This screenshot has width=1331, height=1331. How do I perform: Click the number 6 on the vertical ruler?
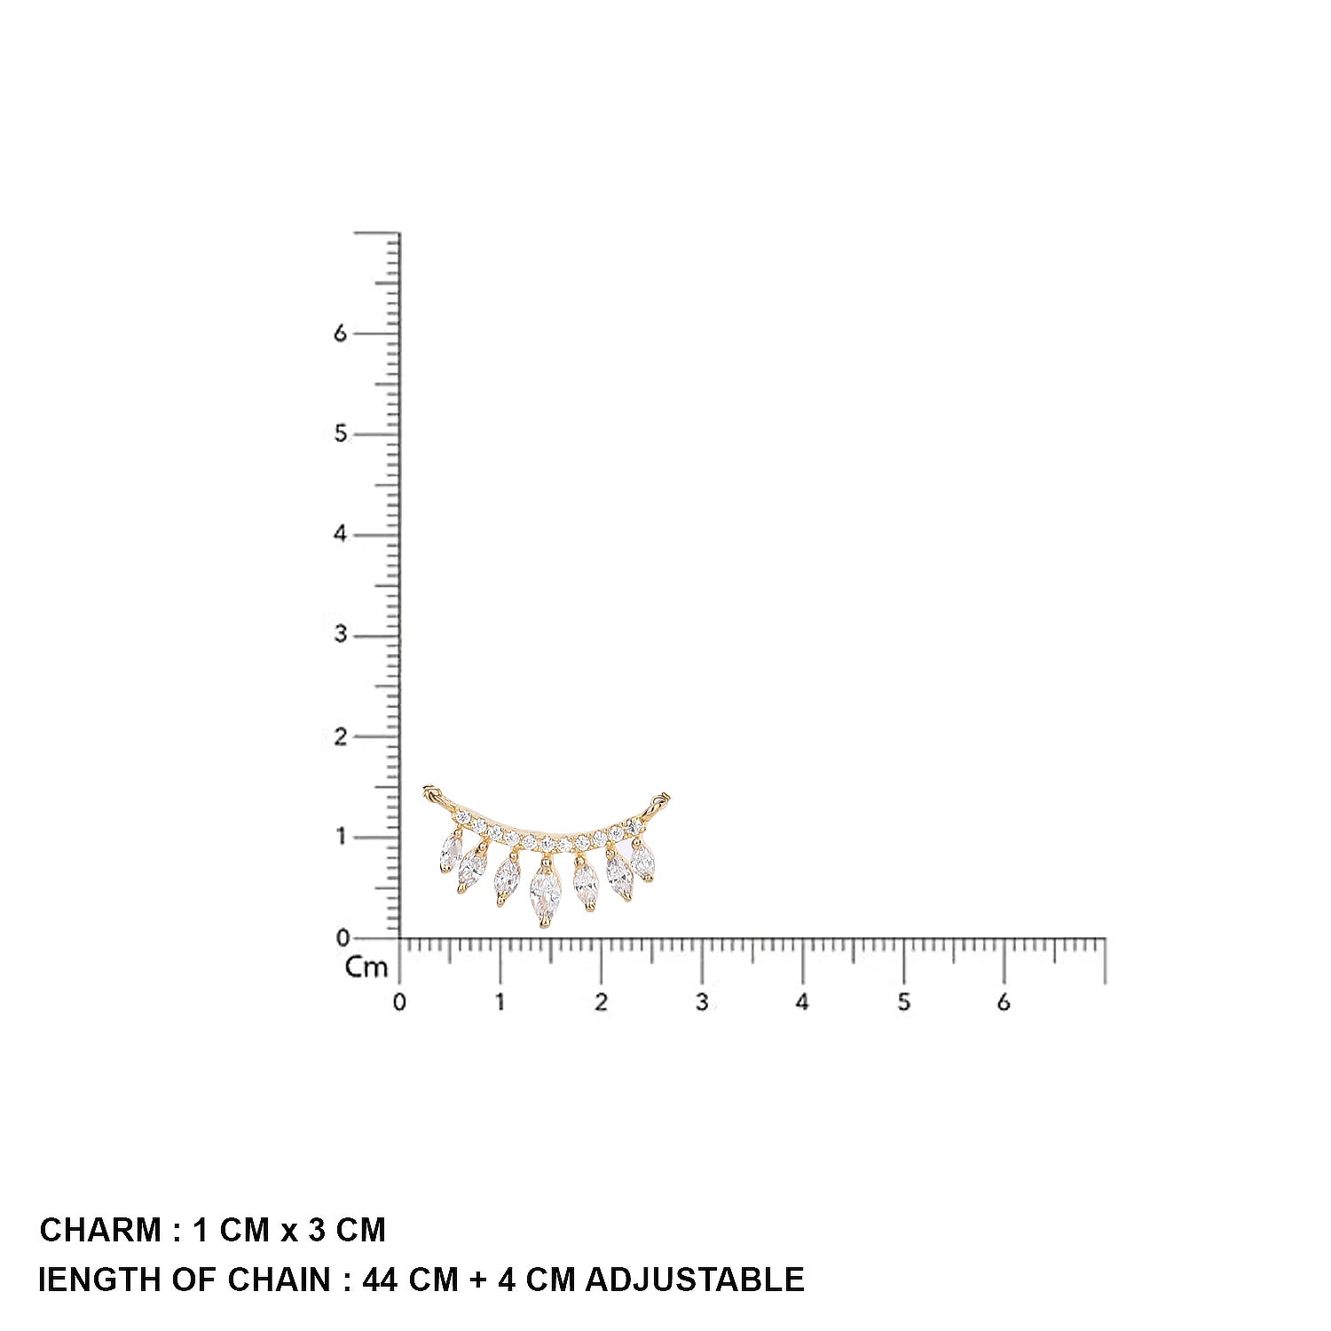point(340,334)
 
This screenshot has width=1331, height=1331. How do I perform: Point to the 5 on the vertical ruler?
point(340,434)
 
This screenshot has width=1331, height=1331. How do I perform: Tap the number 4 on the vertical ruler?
point(340,534)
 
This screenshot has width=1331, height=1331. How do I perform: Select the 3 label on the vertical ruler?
point(340,635)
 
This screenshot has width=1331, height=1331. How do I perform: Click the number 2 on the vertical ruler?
point(340,736)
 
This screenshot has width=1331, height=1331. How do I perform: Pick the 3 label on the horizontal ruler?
point(702,1003)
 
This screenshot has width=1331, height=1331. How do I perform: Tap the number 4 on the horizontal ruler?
point(802,1003)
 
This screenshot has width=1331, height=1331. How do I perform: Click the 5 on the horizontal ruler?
point(903,1003)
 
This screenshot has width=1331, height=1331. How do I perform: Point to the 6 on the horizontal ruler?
point(1004,1003)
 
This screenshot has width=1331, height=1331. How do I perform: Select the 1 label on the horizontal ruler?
point(500,1003)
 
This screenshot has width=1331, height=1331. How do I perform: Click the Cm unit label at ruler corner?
point(366,967)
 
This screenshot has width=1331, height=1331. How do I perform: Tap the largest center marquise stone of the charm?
point(545,894)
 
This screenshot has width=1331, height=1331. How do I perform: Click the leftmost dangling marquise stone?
point(452,853)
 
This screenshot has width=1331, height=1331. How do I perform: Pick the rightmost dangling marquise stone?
point(642,861)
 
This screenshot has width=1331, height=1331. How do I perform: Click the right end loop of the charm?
point(660,800)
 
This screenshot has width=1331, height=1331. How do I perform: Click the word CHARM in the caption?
point(100,1231)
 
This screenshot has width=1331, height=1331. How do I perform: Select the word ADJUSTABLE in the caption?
point(695,1280)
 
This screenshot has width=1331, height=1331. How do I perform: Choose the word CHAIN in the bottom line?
point(279,1280)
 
